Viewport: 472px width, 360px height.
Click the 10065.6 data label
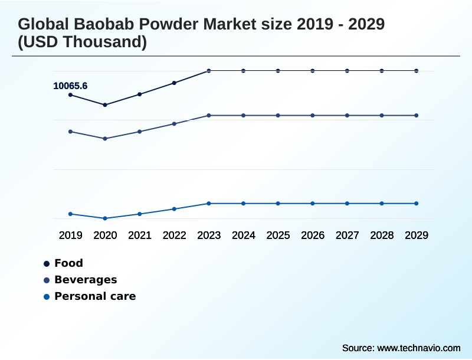(x=70, y=86)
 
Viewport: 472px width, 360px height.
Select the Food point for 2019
(x=70, y=94)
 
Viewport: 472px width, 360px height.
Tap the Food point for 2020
(x=105, y=105)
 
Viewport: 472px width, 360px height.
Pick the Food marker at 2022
(x=174, y=83)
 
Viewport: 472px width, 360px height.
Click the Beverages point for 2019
(x=70, y=132)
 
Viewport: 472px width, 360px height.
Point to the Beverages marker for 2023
(x=209, y=116)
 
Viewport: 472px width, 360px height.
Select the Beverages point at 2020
(x=105, y=139)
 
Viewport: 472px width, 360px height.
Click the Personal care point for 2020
(x=105, y=218)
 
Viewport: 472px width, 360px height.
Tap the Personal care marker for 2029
(x=416, y=204)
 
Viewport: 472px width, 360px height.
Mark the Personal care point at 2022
(x=174, y=209)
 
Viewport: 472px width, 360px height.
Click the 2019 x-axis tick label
(x=70, y=235)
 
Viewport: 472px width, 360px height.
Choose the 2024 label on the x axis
(x=243, y=235)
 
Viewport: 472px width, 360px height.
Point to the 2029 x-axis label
(x=416, y=235)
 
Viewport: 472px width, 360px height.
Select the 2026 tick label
(x=312, y=235)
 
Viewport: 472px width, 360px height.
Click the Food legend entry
(x=68, y=263)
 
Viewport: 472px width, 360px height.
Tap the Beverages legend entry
(x=85, y=280)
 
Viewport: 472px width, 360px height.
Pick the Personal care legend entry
(x=94, y=296)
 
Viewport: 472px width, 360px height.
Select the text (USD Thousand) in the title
(x=83, y=42)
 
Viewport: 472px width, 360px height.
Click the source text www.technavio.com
(x=418, y=348)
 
